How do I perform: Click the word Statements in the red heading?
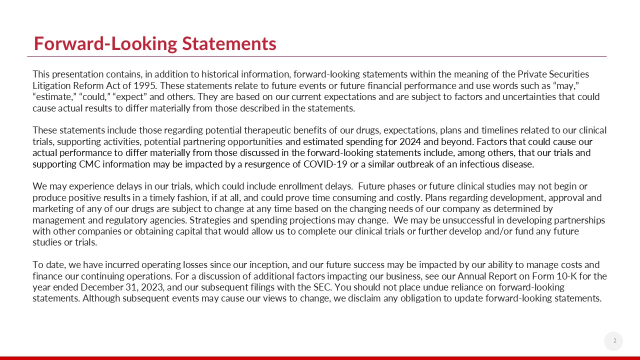[229, 44]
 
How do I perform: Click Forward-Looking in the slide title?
[105, 44]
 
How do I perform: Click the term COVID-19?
[325, 164]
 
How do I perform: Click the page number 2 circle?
[614, 341]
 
